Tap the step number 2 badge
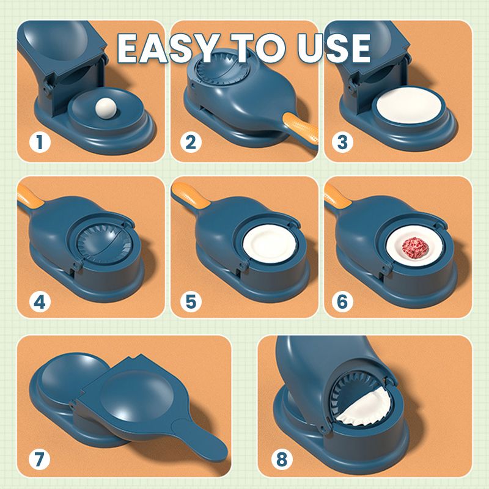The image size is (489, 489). coord(191,143)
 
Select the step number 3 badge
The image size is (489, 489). coord(342,143)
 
